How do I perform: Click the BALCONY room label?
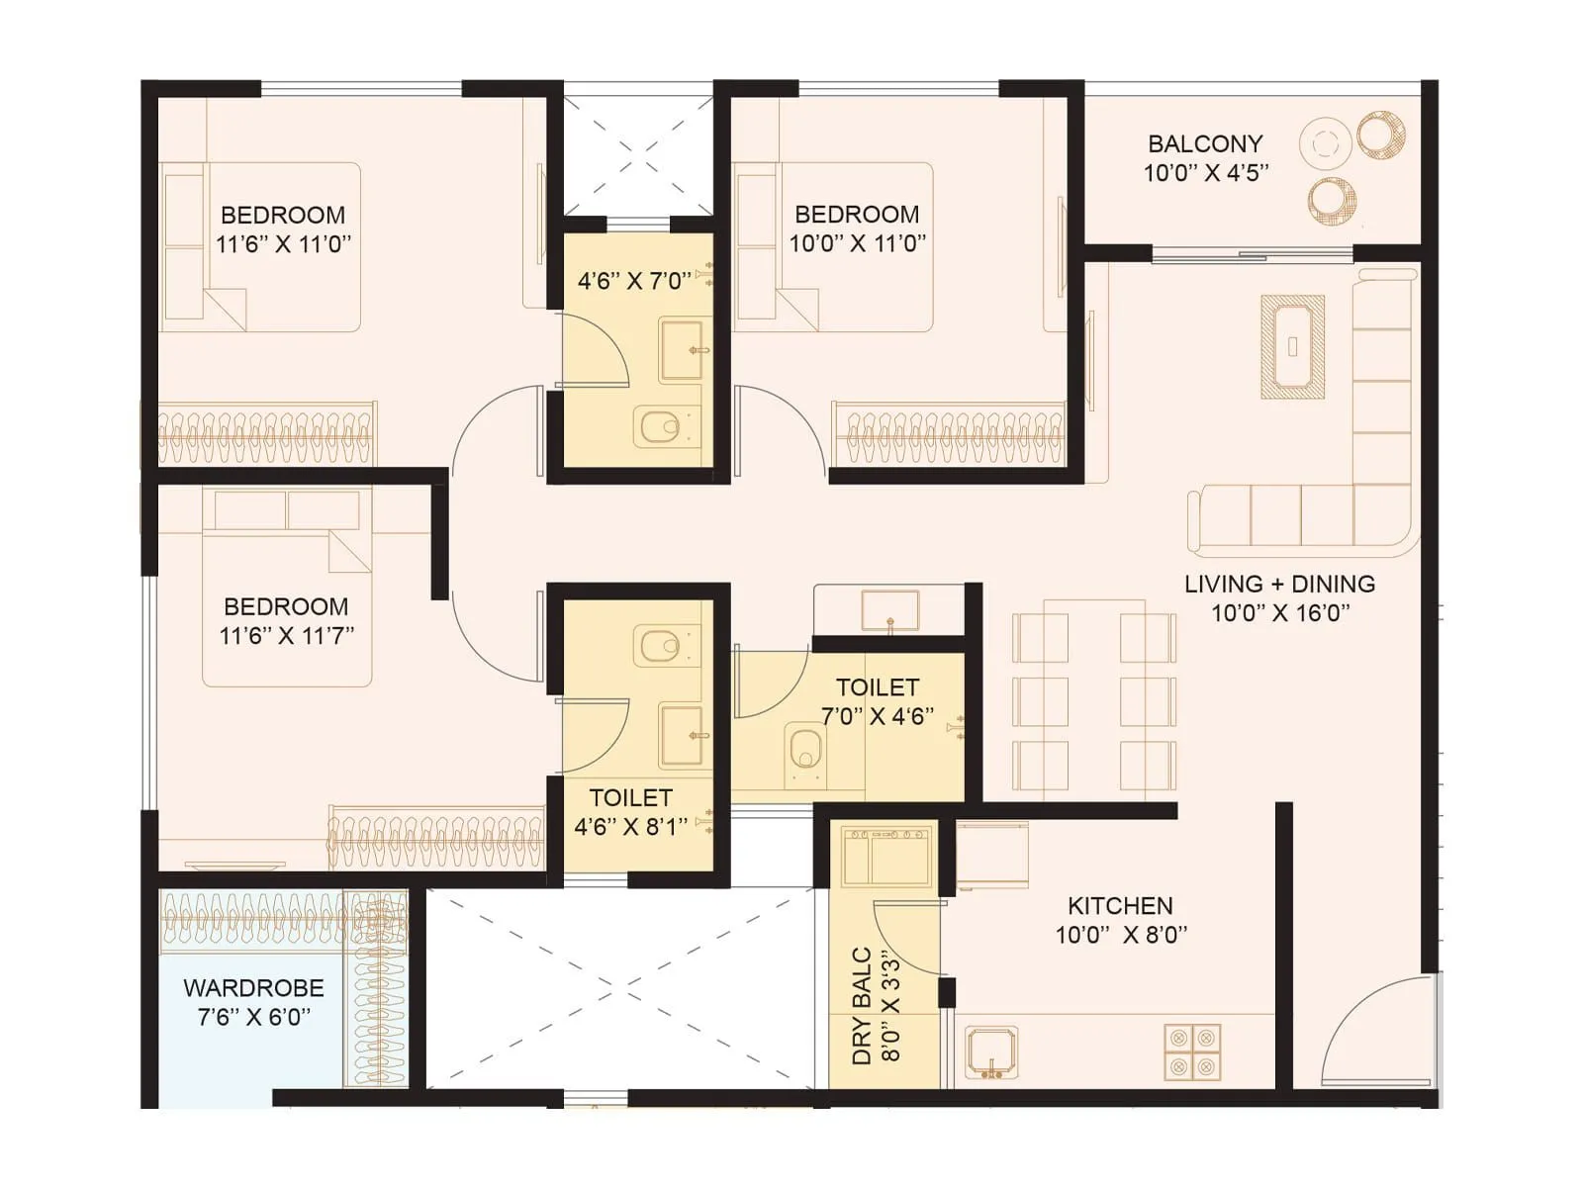(1205, 144)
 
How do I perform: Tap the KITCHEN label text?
(1120, 906)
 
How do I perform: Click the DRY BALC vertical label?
(862, 1006)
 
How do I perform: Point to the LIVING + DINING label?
(1279, 585)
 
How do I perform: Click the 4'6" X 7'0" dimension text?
(634, 281)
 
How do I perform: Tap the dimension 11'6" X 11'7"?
(286, 635)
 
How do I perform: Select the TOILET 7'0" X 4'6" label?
(878, 701)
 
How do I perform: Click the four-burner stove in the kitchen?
(1192, 1052)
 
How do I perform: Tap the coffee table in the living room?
(1292, 346)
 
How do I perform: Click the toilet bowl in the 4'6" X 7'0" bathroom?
(659, 427)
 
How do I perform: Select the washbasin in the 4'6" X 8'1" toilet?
(683, 736)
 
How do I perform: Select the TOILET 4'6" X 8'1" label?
(631, 812)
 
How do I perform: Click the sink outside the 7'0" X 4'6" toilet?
(889, 608)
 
